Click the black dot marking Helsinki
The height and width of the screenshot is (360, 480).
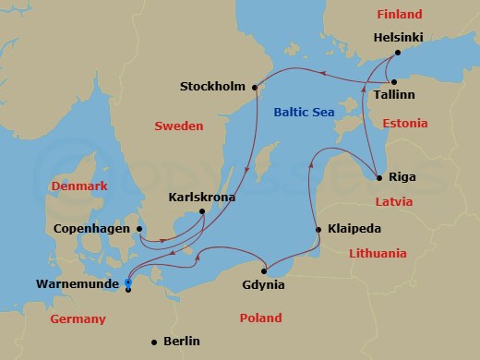[x=397, y=53]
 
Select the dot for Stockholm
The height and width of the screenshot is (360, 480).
[x=254, y=87]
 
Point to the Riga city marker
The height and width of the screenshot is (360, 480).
[x=379, y=176]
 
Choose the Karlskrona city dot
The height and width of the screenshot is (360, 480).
[x=202, y=212]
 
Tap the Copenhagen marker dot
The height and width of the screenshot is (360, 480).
[x=139, y=229]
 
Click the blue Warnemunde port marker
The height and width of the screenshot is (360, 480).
[x=127, y=283]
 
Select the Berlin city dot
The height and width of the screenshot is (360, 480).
[x=153, y=342]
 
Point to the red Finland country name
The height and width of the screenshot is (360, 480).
[x=398, y=15]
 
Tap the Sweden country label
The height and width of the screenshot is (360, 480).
[x=178, y=126]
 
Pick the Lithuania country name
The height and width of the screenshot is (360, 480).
[x=377, y=254]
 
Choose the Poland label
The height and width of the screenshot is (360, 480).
[x=260, y=318]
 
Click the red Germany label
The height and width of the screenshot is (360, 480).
[x=78, y=319]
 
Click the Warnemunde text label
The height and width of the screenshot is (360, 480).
[x=78, y=285]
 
